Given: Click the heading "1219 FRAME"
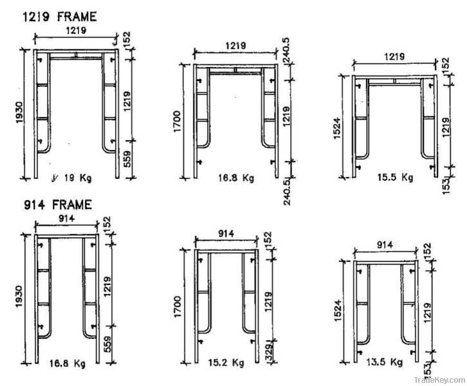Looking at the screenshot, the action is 60,17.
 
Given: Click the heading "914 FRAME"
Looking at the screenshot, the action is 58,205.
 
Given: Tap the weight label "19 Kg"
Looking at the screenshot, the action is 78,178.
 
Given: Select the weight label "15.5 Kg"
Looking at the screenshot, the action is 396,177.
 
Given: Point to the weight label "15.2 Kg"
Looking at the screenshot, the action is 226,362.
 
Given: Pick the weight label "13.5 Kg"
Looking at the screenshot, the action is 385,362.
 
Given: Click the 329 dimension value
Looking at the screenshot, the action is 269,353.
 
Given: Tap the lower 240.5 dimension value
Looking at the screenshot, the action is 287,192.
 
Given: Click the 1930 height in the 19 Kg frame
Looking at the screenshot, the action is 19,113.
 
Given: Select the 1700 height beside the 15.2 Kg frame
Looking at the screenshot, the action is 177,307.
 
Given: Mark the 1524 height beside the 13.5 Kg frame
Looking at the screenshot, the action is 338,311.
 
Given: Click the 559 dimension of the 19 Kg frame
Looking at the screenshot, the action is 127,159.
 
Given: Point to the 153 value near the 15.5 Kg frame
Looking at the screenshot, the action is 446,186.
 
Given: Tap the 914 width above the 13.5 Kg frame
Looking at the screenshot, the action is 385,245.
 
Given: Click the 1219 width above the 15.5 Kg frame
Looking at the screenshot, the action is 394,57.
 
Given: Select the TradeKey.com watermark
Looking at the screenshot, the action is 439,380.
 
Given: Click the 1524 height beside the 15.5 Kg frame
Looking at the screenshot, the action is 337,129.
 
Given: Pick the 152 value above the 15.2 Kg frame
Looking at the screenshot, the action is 268,239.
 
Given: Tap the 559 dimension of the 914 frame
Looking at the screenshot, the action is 107,344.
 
